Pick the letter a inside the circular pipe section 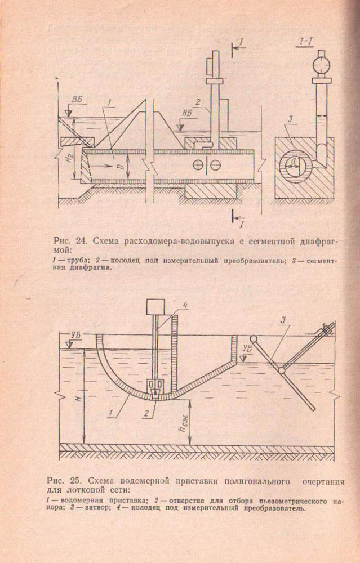[x=294, y=161]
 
